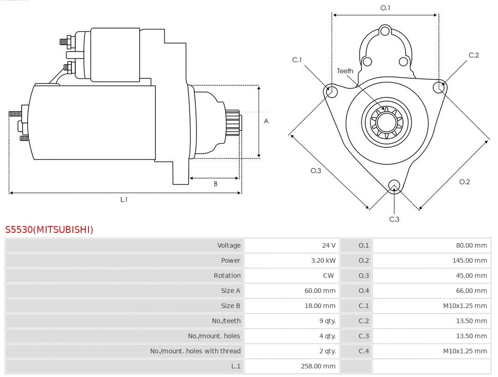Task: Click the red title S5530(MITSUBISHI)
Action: coord(49,229)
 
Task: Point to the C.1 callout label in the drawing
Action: coord(297,60)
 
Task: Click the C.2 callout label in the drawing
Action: coord(474,55)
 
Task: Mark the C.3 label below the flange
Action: coord(394,219)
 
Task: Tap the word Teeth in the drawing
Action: coord(345,71)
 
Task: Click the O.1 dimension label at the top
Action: coord(385,8)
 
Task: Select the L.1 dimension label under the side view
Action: coord(124,199)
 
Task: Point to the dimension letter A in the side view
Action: coord(266,122)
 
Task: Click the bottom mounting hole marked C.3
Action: coord(394,186)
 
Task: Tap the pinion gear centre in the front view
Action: coord(386,122)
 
